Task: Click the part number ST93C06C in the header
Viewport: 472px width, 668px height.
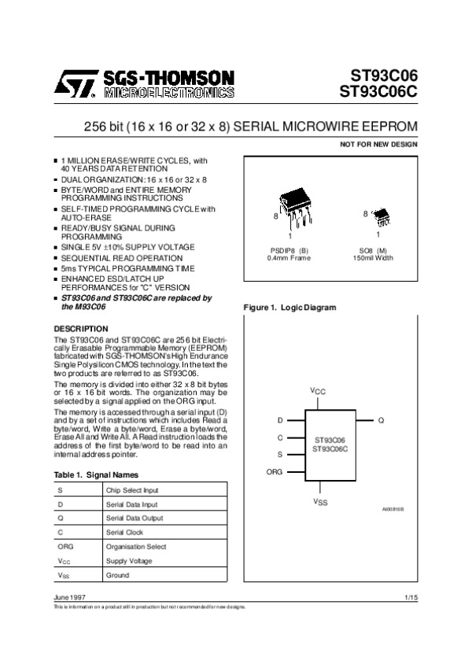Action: point(378,91)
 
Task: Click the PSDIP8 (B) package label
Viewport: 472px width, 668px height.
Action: point(289,249)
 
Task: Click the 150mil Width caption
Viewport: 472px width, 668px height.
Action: point(373,257)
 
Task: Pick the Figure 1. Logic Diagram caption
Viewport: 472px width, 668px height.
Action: point(289,307)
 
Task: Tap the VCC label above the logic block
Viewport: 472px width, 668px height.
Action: point(317,391)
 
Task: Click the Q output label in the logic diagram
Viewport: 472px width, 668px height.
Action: point(381,421)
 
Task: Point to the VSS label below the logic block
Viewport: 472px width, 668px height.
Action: point(320,501)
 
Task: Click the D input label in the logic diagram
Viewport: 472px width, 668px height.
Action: point(280,421)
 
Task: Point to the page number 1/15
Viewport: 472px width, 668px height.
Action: point(411,599)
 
